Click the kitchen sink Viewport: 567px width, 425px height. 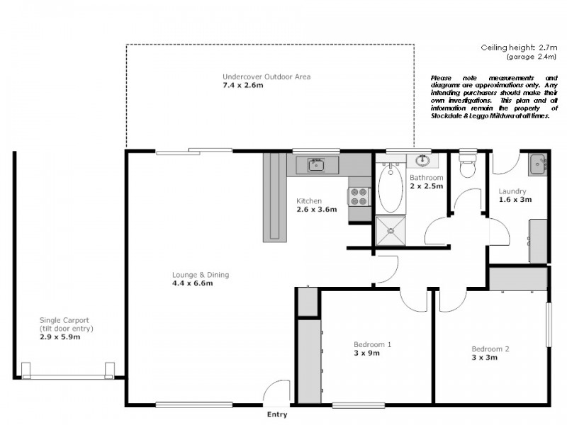point(315,165)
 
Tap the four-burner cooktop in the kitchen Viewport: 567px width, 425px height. point(359,195)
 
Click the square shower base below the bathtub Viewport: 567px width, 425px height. point(389,227)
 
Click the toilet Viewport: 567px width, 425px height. point(467,167)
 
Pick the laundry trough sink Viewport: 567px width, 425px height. point(537,164)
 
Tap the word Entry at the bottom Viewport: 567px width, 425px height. point(277,415)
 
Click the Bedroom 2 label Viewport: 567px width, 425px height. point(490,348)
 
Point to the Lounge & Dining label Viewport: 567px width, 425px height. point(201,275)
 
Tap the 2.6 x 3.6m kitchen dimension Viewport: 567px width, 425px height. point(316,210)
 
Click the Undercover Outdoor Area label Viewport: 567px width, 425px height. point(266,76)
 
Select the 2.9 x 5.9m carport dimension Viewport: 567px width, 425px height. point(60,337)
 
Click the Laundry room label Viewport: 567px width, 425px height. point(512,191)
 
